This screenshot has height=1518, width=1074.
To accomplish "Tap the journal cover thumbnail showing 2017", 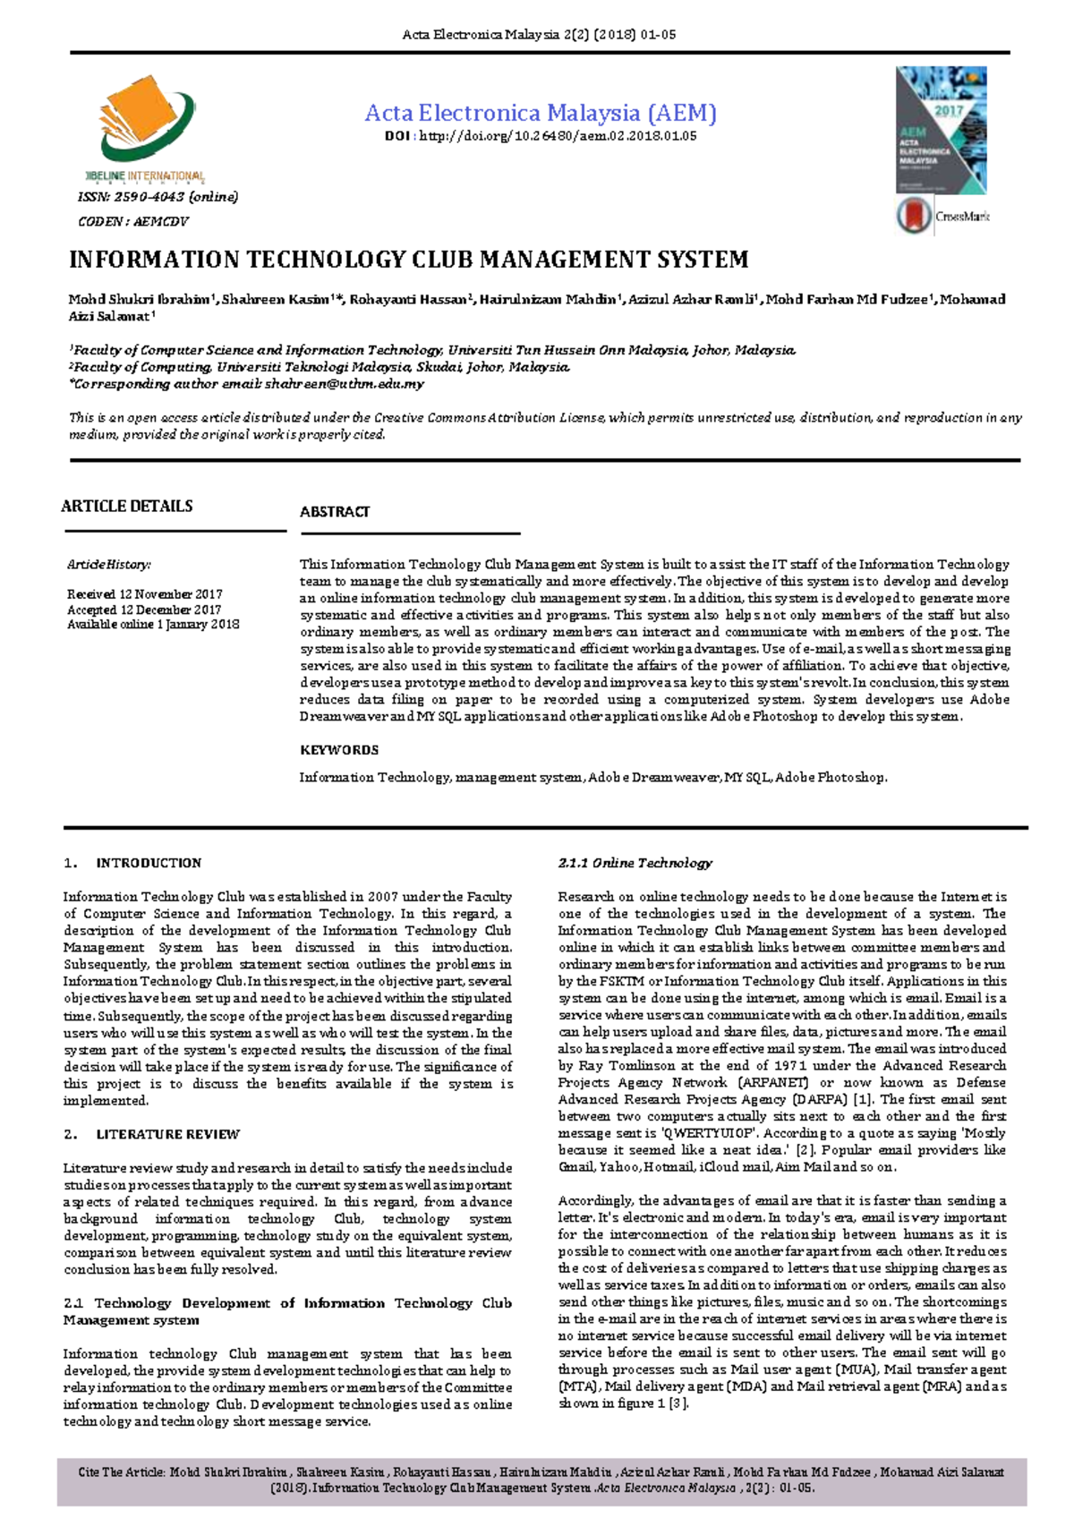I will click(x=941, y=131).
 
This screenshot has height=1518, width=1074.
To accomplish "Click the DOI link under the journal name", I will click(x=540, y=136).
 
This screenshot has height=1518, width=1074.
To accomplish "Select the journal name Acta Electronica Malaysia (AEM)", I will click(x=541, y=113).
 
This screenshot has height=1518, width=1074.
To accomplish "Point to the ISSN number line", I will click(x=158, y=197).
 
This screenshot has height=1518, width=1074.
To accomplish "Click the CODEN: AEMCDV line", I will click(x=133, y=221).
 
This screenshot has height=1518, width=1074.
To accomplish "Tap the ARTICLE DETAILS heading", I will click(x=126, y=507).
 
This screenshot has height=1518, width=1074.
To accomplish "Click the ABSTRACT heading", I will click(x=335, y=512).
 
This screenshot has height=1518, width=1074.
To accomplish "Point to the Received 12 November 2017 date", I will click(x=145, y=594).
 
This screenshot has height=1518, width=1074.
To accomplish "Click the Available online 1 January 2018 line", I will click(x=153, y=625).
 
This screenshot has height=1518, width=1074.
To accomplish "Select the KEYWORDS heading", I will click(x=339, y=750).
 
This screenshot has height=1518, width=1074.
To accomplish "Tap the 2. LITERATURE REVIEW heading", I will click(x=152, y=1134).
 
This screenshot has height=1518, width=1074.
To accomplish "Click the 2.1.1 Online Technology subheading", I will click(x=635, y=863).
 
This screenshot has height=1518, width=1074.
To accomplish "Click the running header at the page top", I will click(x=539, y=35).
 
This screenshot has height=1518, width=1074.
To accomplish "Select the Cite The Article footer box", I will click(x=541, y=1480).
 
